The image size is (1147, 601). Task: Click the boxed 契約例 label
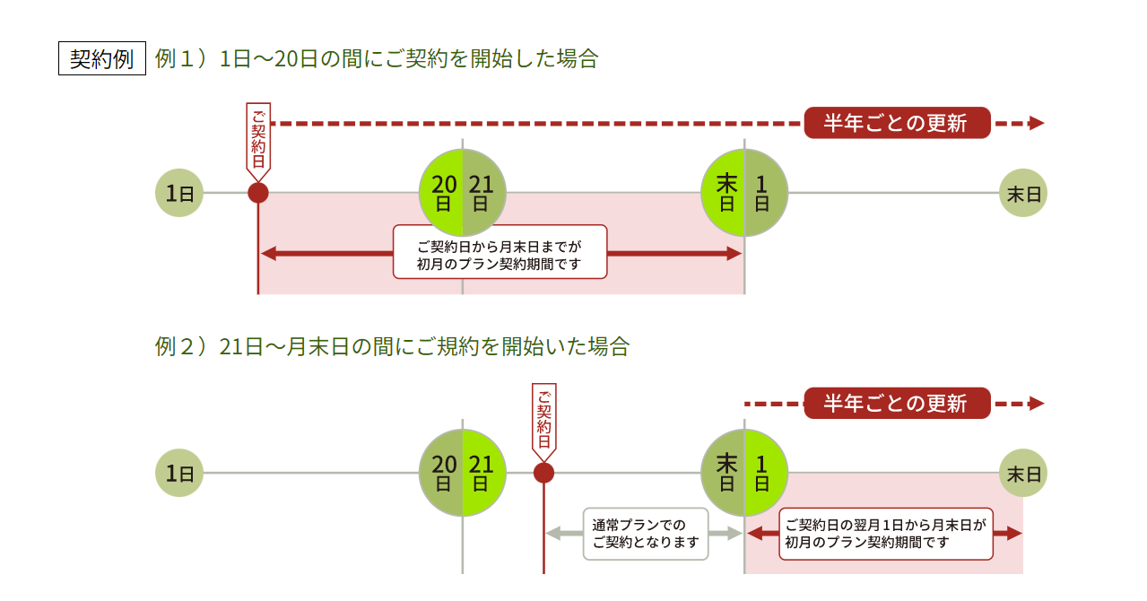click(101, 59)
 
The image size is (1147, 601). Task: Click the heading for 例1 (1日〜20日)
click(377, 59)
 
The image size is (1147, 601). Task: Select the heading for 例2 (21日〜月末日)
click(392, 347)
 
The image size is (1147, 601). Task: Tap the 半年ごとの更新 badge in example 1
click(897, 123)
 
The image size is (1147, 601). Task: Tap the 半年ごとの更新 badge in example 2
click(897, 404)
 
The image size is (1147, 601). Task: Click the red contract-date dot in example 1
click(258, 193)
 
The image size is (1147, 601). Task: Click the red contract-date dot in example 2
click(543, 473)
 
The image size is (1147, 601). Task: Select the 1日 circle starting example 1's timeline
click(179, 193)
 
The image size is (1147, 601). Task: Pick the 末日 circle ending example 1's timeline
click(1023, 193)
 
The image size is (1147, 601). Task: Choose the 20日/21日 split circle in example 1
click(463, 193)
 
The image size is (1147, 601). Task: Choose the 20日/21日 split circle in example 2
click(463, 473)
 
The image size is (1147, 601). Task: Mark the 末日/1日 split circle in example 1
click(744, 193)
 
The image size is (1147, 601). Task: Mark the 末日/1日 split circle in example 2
click(744, 473)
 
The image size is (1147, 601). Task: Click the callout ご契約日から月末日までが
click(500, 252)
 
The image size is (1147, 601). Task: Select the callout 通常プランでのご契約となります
click(646, 534)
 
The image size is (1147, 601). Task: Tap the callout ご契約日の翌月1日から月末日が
click(885, 534)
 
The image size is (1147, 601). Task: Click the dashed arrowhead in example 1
click(1037, 123)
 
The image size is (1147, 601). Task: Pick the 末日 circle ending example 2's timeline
click(1023, 473)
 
